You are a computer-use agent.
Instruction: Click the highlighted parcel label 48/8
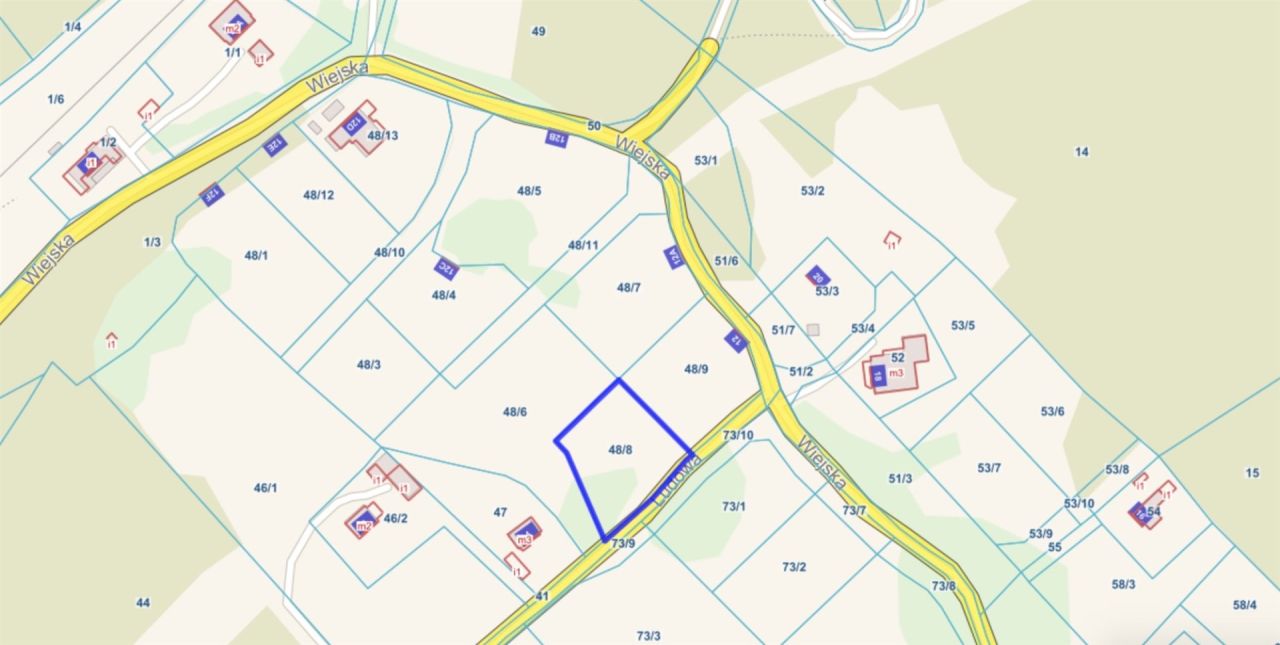pos(620,450)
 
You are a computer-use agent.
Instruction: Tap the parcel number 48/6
pos(515,412)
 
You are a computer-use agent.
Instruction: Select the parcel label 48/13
pos(383,135)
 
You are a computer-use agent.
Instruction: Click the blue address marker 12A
pos(673,257)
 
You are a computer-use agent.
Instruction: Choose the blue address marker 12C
pos(446,268)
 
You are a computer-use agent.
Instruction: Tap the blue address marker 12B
pos(557,138)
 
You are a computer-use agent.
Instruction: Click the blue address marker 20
pos(817,276)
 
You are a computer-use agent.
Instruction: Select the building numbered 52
pos(897,357)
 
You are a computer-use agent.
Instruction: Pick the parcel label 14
pos(1081,152)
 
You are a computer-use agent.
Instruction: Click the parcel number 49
pos(538,32)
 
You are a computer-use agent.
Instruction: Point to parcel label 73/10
pos(738,435)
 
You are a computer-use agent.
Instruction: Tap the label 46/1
pos(265,488)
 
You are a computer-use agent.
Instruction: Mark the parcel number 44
pos(143,603)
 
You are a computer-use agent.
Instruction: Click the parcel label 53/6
pos(1052,411)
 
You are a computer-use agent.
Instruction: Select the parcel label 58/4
pos(1244,605)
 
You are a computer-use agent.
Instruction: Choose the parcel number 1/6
pos(55,99)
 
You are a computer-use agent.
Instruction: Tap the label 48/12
pos(318,195)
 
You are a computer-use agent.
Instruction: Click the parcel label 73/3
pos(648,636)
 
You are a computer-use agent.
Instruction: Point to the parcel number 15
pos(1252,473)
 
